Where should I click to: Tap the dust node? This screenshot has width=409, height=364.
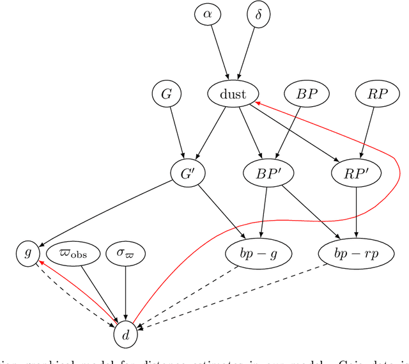[x=233, y=94]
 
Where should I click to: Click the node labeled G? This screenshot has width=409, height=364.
[x=166, y=94]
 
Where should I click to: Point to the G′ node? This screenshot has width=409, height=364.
[x=186, y=171]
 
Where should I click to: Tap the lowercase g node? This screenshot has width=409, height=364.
[x=27, y=253]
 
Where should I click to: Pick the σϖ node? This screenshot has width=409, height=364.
[x=125, y=253]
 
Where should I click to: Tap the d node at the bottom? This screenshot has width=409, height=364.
[x=125, y=333]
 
